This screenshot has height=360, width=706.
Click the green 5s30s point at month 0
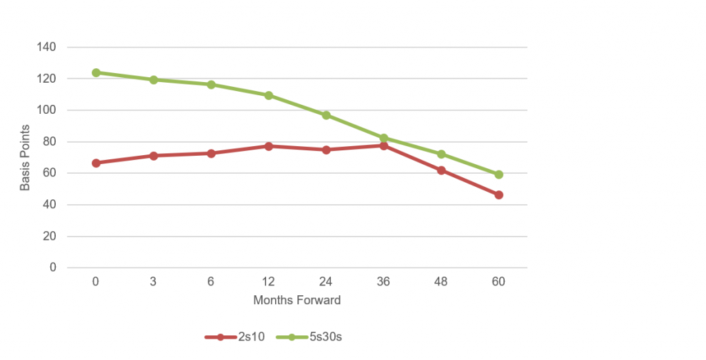pos(97,72)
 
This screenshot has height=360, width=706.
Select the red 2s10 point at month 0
pos(97,163)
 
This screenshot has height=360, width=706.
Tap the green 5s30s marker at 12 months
pos(269,95)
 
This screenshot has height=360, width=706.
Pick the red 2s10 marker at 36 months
pos(384,146)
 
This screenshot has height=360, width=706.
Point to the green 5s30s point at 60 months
pos(498,174)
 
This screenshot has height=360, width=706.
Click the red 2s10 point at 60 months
pos(498,195)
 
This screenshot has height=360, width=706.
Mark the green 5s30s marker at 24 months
pos(326,115)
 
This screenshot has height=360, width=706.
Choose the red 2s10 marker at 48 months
pos(441,170)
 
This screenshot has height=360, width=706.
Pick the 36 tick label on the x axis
pos(383,281)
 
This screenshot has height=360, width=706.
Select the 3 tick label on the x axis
pos(154,281)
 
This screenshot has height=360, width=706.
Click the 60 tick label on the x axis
pos(498,281)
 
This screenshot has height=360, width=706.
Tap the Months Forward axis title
pos(297,300)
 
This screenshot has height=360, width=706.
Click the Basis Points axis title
pos(25,157)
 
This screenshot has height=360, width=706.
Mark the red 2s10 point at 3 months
pos(154,156)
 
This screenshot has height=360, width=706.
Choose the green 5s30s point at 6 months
pos(211,85)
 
